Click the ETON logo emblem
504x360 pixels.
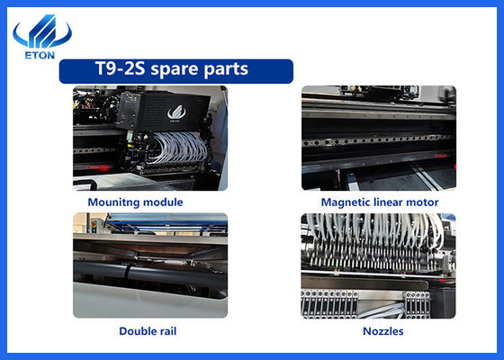coord(42,31)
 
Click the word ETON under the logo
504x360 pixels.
coord(40,55)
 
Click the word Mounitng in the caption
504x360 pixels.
coord(113,202)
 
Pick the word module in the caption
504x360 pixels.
coord(163,202)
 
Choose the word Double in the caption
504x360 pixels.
coord(137,331)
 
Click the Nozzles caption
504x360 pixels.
coord(383,331)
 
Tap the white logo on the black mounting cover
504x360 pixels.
coord(176,112)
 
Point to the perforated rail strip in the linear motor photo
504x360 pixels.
coord(379,139)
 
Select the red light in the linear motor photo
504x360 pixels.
coord(444,156)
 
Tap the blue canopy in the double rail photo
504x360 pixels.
coord(167,221)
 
